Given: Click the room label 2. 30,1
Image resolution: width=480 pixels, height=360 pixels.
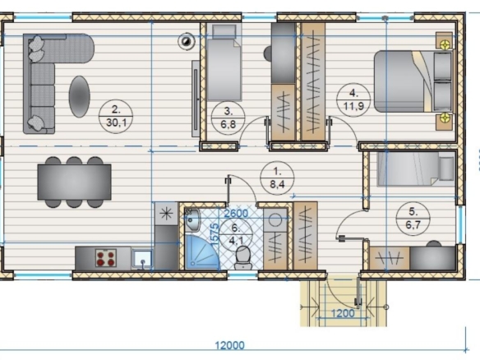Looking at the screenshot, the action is [116, 117].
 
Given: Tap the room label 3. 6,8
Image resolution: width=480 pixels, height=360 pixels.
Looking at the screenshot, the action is [228, 118].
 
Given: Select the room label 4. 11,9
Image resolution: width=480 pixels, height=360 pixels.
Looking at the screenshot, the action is [353, 99].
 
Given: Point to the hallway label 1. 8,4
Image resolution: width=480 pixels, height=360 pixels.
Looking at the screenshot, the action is [277, 178].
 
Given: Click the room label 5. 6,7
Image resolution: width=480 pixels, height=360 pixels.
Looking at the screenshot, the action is [413, 219].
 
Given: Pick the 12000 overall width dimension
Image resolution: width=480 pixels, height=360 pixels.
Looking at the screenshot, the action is [229, 345].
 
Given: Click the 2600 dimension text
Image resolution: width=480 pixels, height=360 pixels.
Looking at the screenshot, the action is [236, 213].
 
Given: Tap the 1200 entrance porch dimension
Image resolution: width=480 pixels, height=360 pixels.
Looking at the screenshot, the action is [343, 313].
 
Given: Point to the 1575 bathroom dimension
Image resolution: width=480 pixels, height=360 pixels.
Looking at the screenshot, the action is [215, 234].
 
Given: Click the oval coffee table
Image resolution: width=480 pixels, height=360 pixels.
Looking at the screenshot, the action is [79, 96].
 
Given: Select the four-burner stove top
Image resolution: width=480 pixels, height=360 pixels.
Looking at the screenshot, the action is [106, 258].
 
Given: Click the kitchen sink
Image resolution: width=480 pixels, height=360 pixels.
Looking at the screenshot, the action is [142, 259].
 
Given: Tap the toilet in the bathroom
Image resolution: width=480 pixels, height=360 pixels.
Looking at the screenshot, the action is [243, 257].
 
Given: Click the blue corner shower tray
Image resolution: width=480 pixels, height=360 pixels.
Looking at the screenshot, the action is [201, 252].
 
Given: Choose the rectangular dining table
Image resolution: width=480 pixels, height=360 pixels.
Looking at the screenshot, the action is [75, 182].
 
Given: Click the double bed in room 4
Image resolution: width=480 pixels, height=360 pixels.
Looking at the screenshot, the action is [413, 81].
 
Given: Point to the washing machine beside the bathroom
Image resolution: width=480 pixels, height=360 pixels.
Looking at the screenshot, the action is [275, 220].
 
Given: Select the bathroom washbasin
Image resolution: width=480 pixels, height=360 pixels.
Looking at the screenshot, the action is [192, 219].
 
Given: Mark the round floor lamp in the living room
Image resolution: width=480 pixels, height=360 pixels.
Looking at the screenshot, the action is [187, 41].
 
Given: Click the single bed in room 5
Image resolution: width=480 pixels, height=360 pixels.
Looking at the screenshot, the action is [415, 169].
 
